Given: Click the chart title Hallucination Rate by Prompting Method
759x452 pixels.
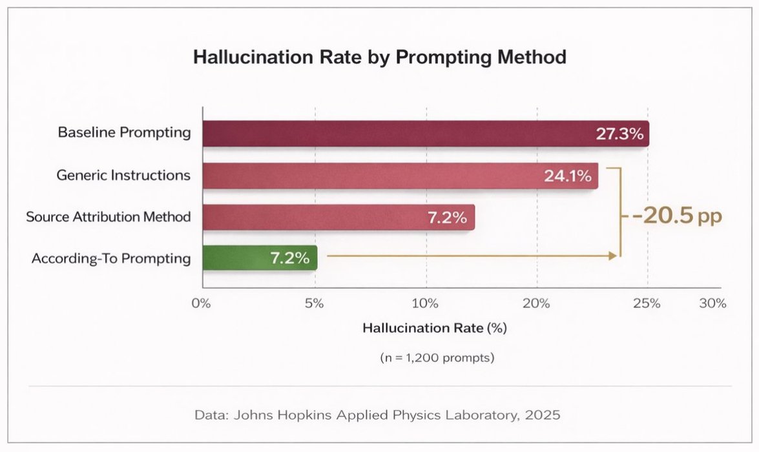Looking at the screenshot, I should click(x=380, y=57).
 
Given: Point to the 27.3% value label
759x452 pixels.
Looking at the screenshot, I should click(x=619, y=134).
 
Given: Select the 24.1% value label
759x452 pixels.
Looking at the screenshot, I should click(x=568, y=176).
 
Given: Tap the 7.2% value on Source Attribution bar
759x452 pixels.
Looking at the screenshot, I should click(x=446, y=218).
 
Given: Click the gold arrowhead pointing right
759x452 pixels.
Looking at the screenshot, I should click(x=612, y=256).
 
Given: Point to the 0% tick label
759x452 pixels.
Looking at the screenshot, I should click(x=202, y=303).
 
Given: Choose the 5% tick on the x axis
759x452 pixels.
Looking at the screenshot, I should click(x=314, y=303).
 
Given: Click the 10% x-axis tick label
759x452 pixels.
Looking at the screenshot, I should click(x=426, y=303).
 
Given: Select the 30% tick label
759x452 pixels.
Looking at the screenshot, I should click(x=712, y=303).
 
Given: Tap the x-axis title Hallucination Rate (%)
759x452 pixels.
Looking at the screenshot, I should click(x=434, y=328).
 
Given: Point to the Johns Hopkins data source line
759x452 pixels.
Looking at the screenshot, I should click(x=378, y=415).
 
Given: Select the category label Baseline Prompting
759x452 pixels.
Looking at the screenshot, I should click(x=125, y=133).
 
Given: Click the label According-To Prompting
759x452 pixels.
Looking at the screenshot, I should click(x=111, y=258).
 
